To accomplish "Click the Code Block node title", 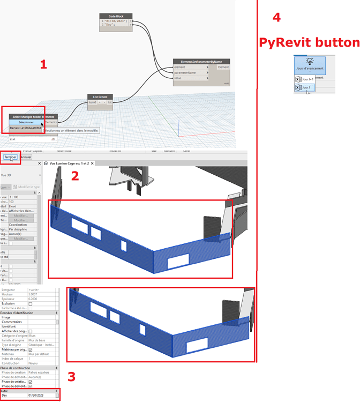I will pyautogui.click(x=116, y=16).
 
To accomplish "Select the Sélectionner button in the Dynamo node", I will pyautogui.click(x=26, y=122).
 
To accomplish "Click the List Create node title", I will pyautogui.click(x=100, y=97).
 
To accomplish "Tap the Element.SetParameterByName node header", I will pyautogui.click(x=201, y=62).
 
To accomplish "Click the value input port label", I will pyautogui.click(x=178, y=78).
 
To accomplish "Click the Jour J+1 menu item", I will pyautogui.click(x=307, y=79).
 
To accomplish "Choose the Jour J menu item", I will pyautogui.click(x=306, y=87).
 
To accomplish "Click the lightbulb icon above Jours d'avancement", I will pyautogui.click(x=310, y=62).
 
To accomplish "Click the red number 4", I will pyautogui.click(x=276, y=17).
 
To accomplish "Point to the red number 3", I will pyautogui.click(x=71, y=377).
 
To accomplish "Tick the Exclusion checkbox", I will pyautogui.click(x=30, y=303).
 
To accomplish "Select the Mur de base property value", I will pyautogui.click(x=39, y=340).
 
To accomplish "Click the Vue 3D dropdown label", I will pyautogui.click(x=6, y=175).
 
